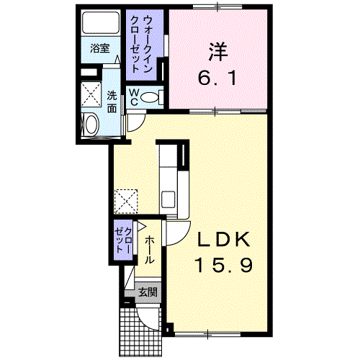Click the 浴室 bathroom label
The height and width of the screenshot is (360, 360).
click(x=100, y=49)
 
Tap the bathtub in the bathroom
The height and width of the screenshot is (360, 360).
click(x=101, y=22)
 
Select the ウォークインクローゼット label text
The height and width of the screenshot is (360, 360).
click(x=141, y=44)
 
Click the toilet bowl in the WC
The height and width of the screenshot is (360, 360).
click(x=150, y=97)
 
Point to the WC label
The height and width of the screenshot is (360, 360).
click(x=134, y=97)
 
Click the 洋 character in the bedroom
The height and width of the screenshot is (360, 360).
click(x=218, y=52)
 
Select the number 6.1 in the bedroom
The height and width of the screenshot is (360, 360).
click(x=218, y=78)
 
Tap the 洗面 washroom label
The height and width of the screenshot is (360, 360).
click(x=112, y=102)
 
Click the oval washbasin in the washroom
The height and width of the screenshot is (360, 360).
click(x=91, y=125)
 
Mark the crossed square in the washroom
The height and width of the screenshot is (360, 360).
click(x=91, y=94)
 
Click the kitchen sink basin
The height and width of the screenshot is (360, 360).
click(x=168, y=199)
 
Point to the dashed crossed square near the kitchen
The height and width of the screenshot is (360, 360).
click(x=126, y=202)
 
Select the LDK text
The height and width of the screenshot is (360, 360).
click(x=224, y=240)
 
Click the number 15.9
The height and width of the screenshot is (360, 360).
click(x=225, y=265)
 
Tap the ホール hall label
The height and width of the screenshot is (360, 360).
click(x=150, y=250)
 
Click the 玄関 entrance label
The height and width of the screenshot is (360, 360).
click(x=148, y=292)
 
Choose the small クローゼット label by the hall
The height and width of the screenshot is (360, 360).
click(x=123, y=240)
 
